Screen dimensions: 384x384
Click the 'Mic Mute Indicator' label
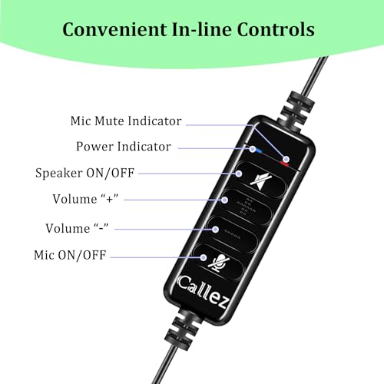pos(126,121)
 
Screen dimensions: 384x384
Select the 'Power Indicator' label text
pos(124,147)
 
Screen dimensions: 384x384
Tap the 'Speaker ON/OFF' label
pos(84,173)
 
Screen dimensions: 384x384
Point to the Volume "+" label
pos(85,199)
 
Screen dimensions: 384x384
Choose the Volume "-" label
pos(77,228)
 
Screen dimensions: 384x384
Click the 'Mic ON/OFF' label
pos(70,255)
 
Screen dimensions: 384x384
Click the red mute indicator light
pos(284,164)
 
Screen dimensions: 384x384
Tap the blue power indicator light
pos(259,151)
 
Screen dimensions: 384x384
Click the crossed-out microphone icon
pos(218,263)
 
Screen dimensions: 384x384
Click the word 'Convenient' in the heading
pos(114,29)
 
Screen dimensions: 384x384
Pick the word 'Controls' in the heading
pos(276,29)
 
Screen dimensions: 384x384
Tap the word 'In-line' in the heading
pos(202,29)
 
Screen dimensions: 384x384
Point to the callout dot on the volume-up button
pos(224,200)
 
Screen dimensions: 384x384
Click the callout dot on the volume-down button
pos(215,229)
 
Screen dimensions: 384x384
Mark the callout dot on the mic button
pos(204,257)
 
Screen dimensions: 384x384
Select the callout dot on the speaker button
pos(239,174)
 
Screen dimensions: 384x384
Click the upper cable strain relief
pos(297,108)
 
